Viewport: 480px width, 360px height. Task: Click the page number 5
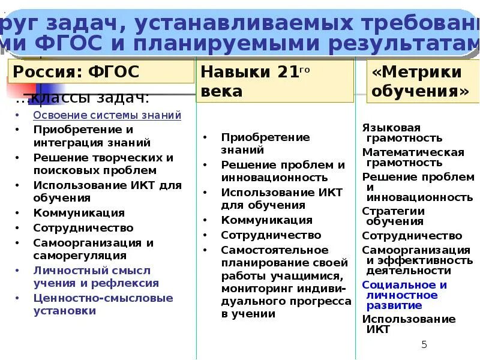tap(424, 344)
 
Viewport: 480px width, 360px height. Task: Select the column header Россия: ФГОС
tap(76, 73)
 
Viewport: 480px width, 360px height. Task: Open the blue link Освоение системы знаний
tap(107, 115)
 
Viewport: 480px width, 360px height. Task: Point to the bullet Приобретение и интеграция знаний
tap(92, 136)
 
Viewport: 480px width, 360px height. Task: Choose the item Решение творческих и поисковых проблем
tap(103, 164)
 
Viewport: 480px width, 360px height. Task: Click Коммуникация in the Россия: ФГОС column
tap(79, 213)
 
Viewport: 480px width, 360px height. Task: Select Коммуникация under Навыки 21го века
tap(266, 220)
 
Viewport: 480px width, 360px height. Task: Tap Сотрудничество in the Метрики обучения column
tap(412, 236)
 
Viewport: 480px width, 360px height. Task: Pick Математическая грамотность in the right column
tap(413, 157)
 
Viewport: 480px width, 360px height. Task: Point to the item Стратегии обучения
tap(394, 216)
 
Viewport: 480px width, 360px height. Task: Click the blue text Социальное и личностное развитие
tap(404, 295)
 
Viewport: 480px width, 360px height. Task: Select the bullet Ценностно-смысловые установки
tap(103, 304)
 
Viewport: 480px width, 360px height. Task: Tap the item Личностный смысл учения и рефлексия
tap(96, 277)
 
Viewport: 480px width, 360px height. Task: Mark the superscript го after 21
tap(304, 70)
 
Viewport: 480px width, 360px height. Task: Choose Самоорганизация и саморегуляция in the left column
tap(93, 249)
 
